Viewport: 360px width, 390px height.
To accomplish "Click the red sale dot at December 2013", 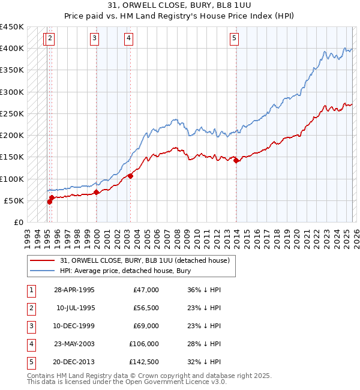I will [x=236, y=160].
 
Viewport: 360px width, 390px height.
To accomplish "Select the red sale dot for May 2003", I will [x=130, y=176].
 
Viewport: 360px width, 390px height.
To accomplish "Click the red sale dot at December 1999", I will [x=97, y=192].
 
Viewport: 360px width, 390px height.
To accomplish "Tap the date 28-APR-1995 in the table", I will [x=74, y=290].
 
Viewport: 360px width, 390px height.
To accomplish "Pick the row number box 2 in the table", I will [x=31, y=308].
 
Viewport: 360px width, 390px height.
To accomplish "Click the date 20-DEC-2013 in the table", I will [x=74, y=362].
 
